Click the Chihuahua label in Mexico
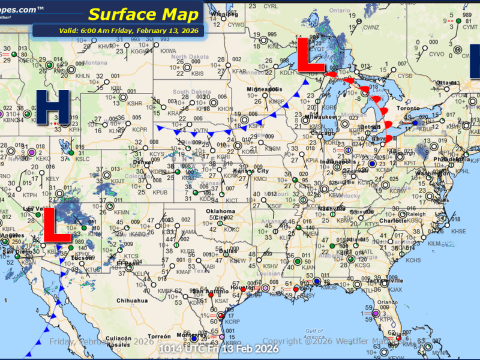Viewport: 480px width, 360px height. point(133,300)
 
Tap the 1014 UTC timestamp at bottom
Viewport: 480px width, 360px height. point(218,349)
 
